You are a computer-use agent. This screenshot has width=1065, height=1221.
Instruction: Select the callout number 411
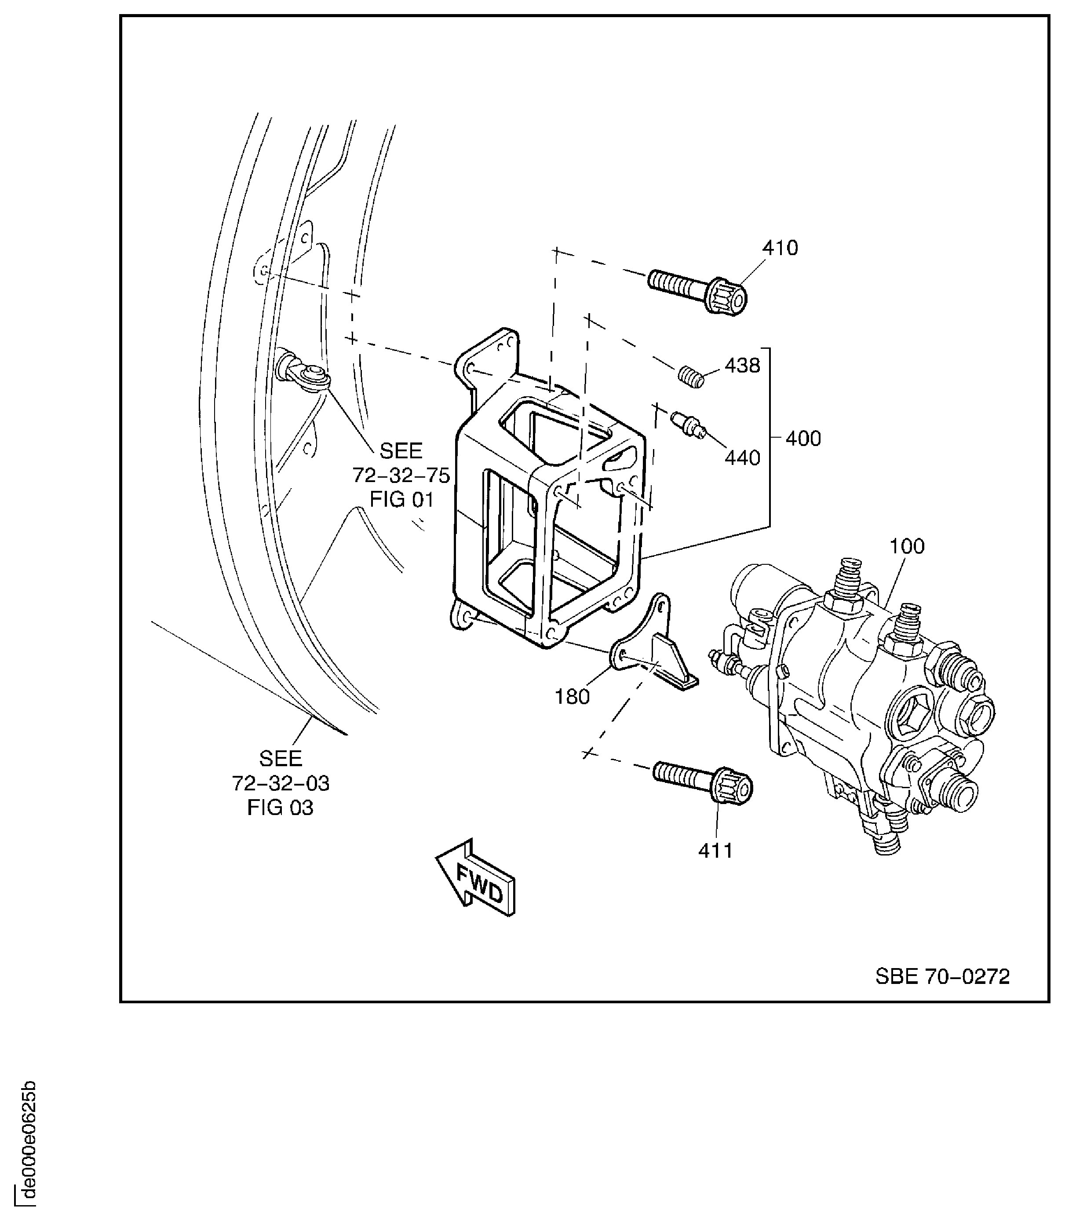pos(715,851)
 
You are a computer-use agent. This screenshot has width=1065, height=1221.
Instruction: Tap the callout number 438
pos(742,366)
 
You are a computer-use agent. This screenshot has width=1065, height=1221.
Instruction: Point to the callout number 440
pos(742,458)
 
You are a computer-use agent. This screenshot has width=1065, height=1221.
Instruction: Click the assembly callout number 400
pos(803,438)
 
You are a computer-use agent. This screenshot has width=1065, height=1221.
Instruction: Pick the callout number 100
pos(907,546)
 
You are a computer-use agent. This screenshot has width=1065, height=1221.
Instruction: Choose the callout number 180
pos(572,697)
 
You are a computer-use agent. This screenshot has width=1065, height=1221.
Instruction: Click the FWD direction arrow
pos(475,878)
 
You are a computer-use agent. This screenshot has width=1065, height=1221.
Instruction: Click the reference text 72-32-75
pos(401,475)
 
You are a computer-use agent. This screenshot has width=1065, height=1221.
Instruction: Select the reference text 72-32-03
pos(281,783)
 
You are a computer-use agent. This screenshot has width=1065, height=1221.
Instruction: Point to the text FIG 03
pos(280,808)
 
